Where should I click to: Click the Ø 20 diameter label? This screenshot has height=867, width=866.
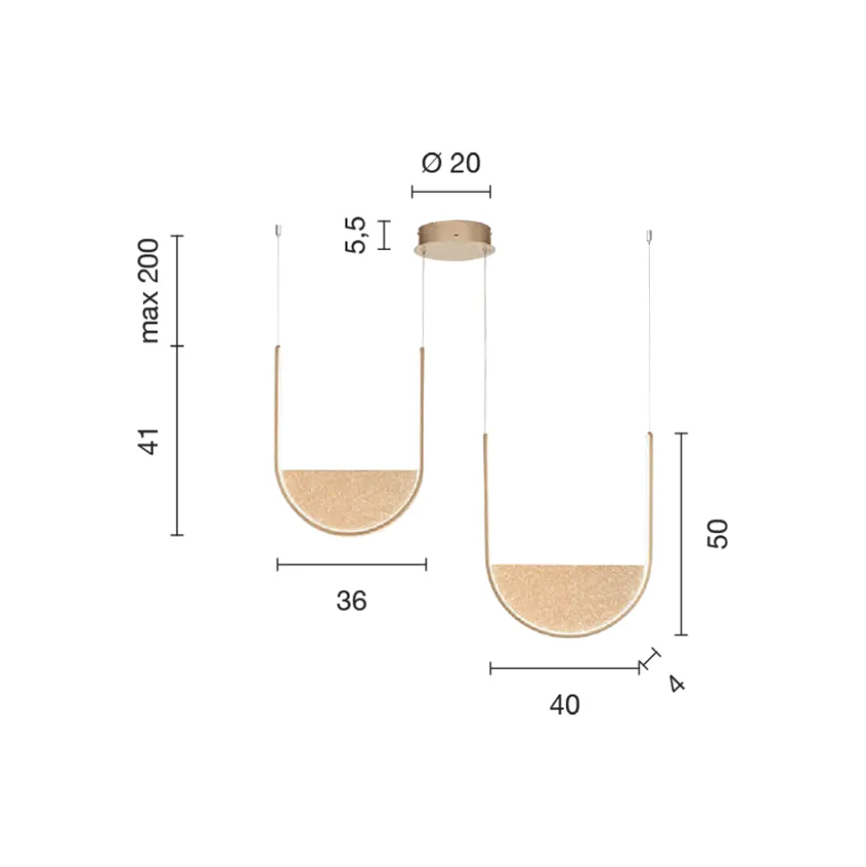pos(451,163)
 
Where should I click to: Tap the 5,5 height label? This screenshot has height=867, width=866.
pos(355,235)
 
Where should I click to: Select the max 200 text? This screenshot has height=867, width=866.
pos(149,291)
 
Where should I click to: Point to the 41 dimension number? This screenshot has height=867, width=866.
pos(149,441)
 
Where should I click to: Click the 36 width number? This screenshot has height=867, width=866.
pos(351,601)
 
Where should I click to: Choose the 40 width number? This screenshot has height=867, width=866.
pos(564,705)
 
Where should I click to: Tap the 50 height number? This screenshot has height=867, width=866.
pos(718,534)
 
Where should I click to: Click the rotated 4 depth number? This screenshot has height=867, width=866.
pos(677,683)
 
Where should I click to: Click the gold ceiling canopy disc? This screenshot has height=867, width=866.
pos(454,239)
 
